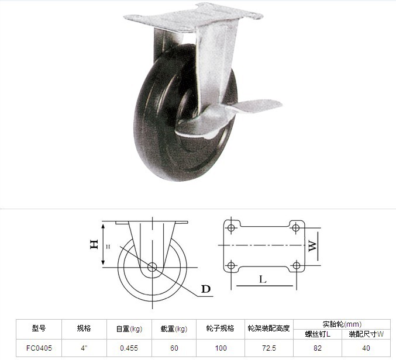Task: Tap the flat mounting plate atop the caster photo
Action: tap(193, 18)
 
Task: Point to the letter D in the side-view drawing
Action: tap(206, 289)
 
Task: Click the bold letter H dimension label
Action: tap(94, 244)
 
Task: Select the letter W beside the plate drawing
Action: tap(312, 246)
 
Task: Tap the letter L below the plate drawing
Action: tap(263, 279)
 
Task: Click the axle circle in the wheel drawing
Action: tap(152, 267)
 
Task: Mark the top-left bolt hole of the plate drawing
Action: tap(231, 228)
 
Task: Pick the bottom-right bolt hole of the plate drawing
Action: tap(296, 266)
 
